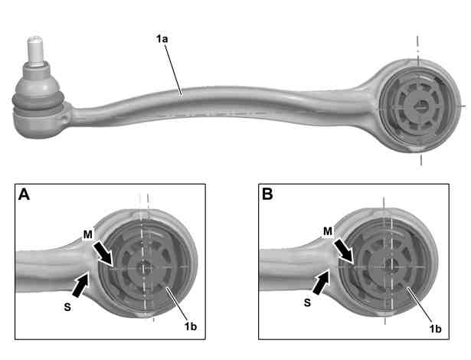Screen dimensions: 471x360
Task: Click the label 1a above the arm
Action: pyautogui.click(x=162, y=39)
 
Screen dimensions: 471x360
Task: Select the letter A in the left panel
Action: pyautogui.click(x=24, y=195)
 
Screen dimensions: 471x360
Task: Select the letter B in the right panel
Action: pyautogui.click(x=267, y=194)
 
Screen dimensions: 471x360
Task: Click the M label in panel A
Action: pyautogui.click(x=88, y=234)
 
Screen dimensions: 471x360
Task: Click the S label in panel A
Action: pyautogui.click(x=67, y=307)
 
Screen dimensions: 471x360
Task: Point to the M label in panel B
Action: pyautogui.click(x=328, y=231)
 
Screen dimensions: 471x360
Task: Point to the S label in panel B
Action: pyautogui.click(x=307, y=303)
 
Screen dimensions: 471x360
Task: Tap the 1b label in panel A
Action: pyautogui.click(x=191, y=326)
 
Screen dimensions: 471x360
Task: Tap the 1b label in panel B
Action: pyautogui.click(x=435, y=329)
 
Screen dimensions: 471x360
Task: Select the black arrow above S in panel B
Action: pyautogui.click(x=322, y=281)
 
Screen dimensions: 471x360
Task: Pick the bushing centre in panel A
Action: pyautogui.click(x=145, y=267)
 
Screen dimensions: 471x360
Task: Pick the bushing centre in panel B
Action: pyautogui.click(x=390, y=264)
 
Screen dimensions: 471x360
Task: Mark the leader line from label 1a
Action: pyautogui.click(x=173, y=70)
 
